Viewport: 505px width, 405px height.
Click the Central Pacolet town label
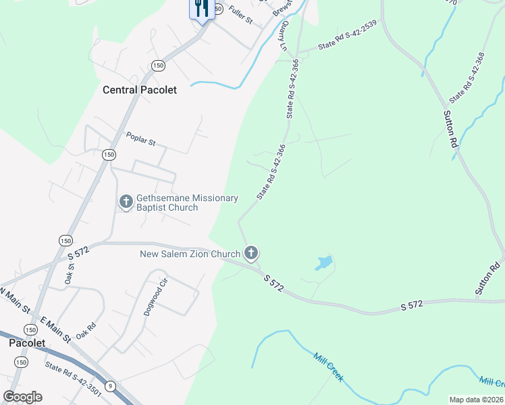pos(139,90)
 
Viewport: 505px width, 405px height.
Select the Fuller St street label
pos(240,15)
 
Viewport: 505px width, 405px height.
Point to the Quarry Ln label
pos(284,34)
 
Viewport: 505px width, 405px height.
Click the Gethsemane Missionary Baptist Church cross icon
pos(126,201)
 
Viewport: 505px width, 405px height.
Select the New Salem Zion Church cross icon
pos(250,254)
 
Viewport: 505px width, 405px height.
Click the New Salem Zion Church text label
pos(190,254)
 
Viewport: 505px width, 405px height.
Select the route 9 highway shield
pos(109,385)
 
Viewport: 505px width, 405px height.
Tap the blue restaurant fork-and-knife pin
pos(201,9)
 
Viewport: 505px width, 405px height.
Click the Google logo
pos(22,397)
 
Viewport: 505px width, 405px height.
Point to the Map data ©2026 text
pos(475,400)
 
